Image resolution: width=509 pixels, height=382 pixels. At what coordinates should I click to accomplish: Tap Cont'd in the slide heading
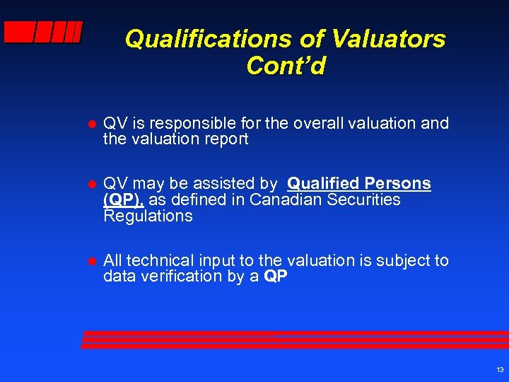pos(286,66)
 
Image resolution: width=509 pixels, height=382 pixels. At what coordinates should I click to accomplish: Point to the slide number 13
pos(500,370)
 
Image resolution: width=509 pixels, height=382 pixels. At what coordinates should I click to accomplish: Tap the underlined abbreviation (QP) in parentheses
pos(124,200)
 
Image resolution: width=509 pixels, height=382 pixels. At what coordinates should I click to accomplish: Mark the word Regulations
pos(147,216)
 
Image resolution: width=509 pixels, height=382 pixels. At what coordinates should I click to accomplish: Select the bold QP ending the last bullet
pos(276,277)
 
